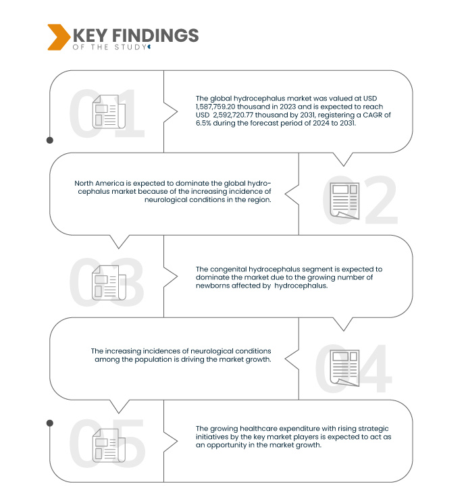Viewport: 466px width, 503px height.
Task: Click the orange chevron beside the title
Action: pyautogui.click(x=59, y=37)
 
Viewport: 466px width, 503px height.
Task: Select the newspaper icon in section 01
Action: pyautogui.click(x=109, y=111)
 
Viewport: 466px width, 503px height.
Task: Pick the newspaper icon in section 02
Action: pyautogui.click(x=345, y=201)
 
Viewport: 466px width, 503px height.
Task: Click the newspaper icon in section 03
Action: pyautogui.click(x=109, y=283)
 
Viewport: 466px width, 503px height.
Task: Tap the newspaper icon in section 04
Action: pyautogui.click(x=345, y=368)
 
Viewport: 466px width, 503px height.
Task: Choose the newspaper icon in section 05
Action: pyautogui.click(x=109, y=445)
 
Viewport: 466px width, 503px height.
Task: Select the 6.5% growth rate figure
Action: pyautogui.click(x=203, y=123)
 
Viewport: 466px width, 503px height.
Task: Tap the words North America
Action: pyautogui.click(x=99, y=183)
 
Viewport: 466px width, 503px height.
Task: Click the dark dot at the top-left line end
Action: pyautogui.click(x=50, y=140)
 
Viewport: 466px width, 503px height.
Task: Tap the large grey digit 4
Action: pyautogui.click(x=374, y=369)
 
